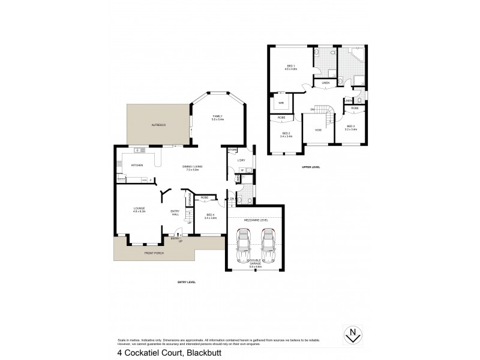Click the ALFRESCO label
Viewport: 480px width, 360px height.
click(158, 124)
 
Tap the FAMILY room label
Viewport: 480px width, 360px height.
click(217, 117)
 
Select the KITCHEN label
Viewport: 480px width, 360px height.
click(137, 165)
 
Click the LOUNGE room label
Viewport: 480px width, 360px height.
click(139, 208)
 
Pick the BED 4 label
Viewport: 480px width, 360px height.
click(211, 215)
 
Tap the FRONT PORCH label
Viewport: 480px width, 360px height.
click(154, 253)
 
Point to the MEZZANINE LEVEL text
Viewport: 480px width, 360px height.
click(256, 220)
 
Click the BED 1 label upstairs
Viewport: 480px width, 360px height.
click(290, 67)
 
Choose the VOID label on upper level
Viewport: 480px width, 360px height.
click(318, 130)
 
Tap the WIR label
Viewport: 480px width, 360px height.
click(280, 103)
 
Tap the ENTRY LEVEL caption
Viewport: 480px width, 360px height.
click(187, 282)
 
